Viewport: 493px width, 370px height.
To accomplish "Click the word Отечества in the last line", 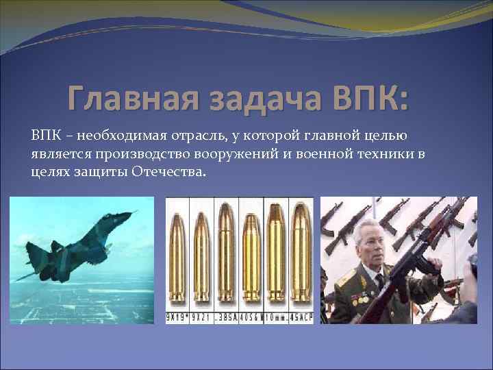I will (x=172, y=172).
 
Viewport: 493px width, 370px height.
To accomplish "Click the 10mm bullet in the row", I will (x=277, y=257).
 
